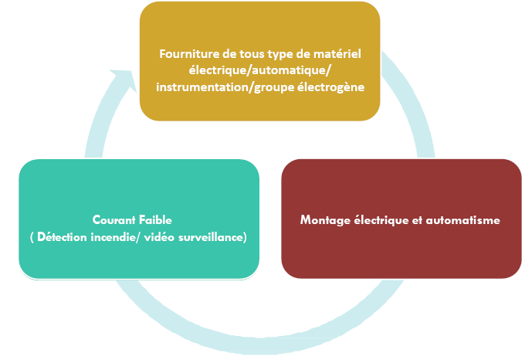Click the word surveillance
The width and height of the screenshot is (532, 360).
[x=211, y=237]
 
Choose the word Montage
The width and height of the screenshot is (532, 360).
[x=325, y=220]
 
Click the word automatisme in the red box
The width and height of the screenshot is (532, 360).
[x=463, y=220]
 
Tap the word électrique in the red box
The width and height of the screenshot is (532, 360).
[x=381, y=220]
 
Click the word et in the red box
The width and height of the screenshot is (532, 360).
[x=417, y=221]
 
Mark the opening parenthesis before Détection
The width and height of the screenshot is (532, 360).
[x=32, y=237]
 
